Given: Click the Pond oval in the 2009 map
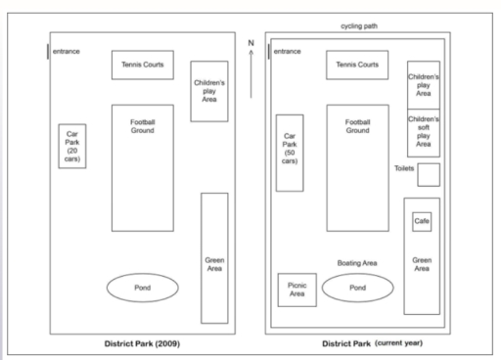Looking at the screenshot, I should tap(143, 288).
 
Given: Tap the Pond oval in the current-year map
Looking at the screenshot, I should tap(357, 288).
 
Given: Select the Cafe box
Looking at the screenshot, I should tap(422, 222).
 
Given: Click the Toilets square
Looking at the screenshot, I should tap(429, 173).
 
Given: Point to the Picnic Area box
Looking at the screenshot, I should tap(297, 290).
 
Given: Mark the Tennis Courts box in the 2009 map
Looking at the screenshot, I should tap(143, 66).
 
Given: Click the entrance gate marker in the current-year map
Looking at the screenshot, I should tap(269, 50).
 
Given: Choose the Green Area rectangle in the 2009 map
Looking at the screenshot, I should tap(214, 258).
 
